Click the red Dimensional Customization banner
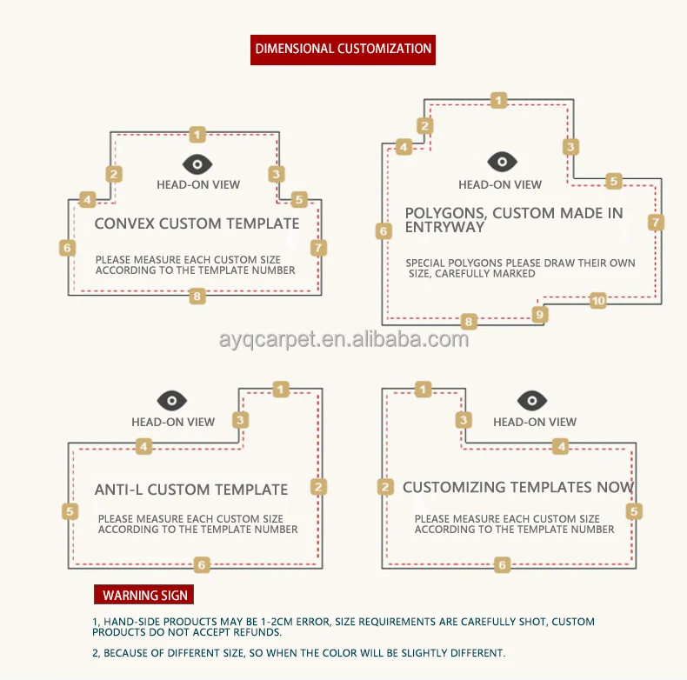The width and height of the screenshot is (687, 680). (x=343, y=49)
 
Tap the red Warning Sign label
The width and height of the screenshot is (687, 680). (x=143, y=595)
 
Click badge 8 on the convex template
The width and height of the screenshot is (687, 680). (x=198, y=297)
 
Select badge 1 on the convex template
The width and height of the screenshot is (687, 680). (x=198, y=134)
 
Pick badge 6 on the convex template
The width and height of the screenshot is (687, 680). (x=69, y=248)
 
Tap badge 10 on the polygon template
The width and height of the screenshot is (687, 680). (x=597, y=301)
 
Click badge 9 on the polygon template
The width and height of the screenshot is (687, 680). (x=540, y=314)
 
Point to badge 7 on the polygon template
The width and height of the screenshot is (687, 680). (x=656, y=222)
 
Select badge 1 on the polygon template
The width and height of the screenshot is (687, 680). (x=498, y=100)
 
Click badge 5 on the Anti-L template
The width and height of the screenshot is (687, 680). (x=70, y=511)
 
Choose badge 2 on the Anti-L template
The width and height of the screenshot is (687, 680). (x=319, y=487)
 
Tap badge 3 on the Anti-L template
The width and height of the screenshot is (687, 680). (x=242, y=420)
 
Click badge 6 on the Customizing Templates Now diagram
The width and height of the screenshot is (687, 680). (x=502, y=564)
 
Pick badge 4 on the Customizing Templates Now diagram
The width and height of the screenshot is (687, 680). (x=562, y=446)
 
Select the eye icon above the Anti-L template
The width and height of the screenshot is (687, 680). (x=172, y=401)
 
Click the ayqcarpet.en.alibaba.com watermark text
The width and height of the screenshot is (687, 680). (x=343, y=339)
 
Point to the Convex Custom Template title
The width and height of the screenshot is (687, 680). (x=197, y=223)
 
